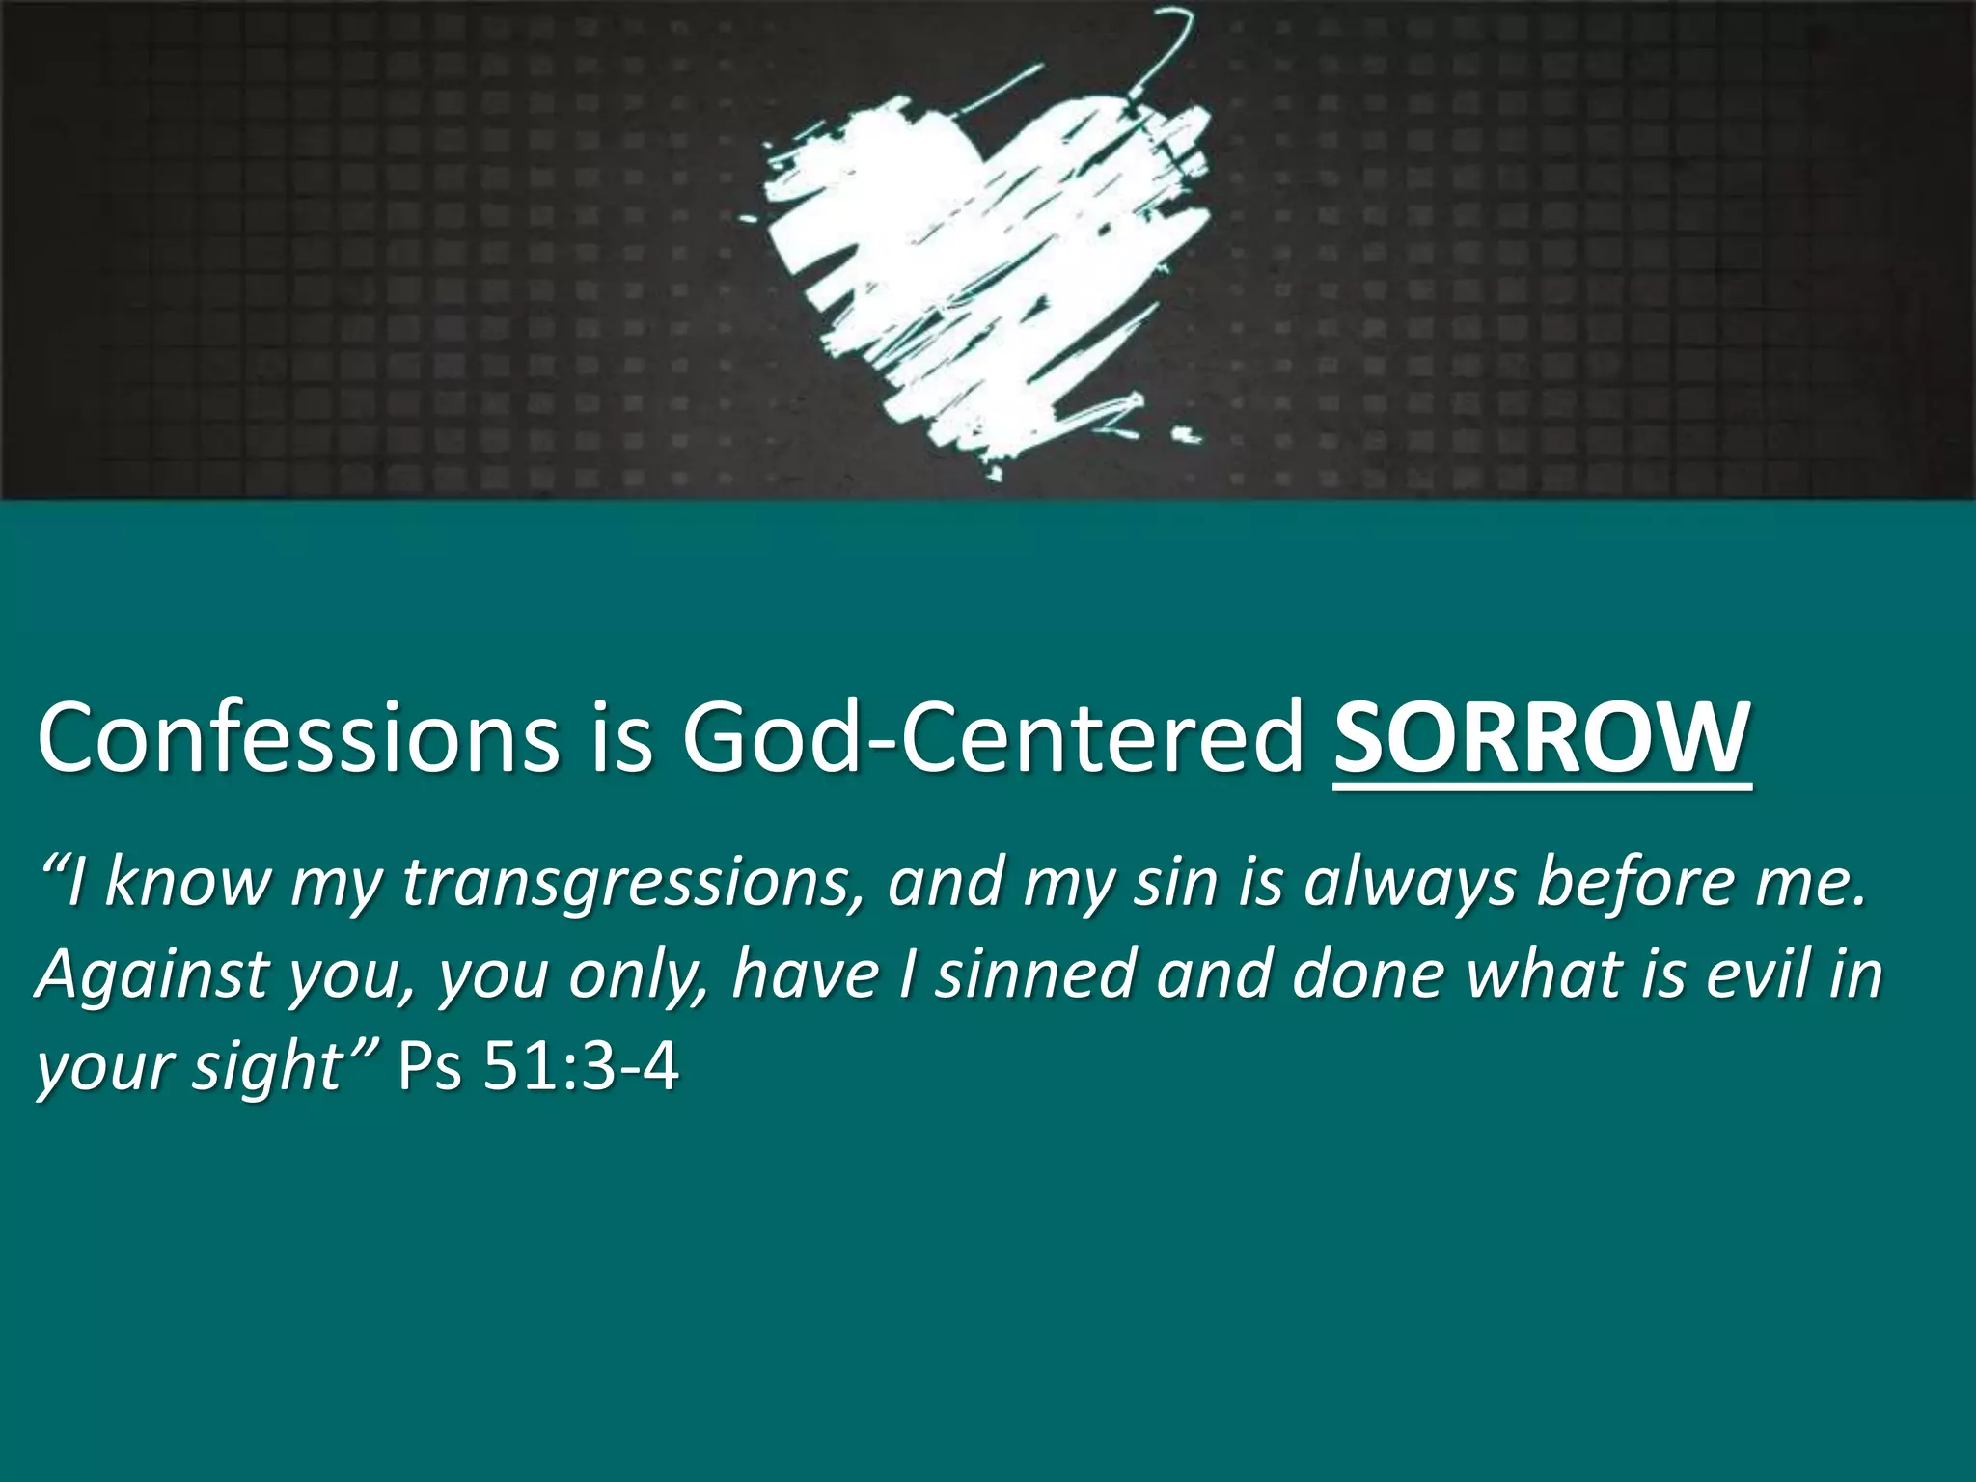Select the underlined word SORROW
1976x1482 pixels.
[1541, 738]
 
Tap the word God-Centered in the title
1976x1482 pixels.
[994, 738]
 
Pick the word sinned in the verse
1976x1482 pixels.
[1036, 974]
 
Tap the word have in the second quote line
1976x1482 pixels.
[805, 974]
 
